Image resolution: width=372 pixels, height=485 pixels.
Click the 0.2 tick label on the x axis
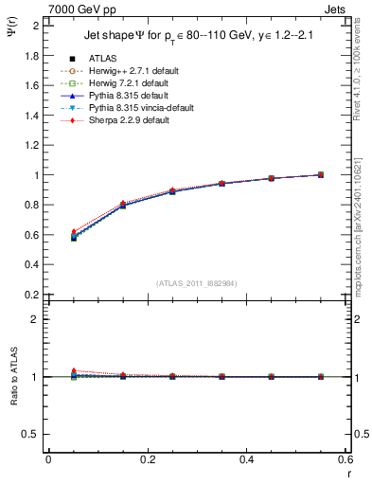tap(147, 459)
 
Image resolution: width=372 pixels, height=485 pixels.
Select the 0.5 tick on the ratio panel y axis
tap(32, 434)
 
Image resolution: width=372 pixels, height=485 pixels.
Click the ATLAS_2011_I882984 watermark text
tap(198, 283)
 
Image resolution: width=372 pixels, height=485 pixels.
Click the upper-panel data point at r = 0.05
tap(73, 237)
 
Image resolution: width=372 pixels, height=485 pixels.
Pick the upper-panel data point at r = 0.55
tap(320, 174)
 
